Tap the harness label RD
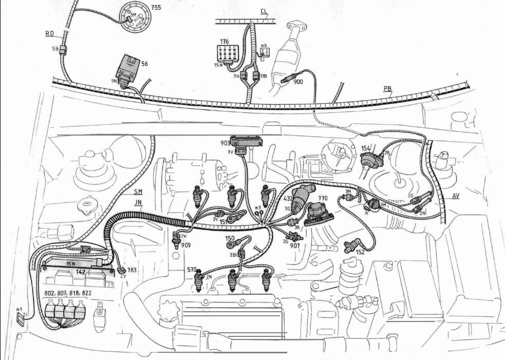(50, 33)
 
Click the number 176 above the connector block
(225, 41)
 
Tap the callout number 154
(366, 148)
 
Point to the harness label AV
(456, 196)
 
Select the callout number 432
(288, 198)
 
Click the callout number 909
(185, 245)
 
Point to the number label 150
(230, 238)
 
